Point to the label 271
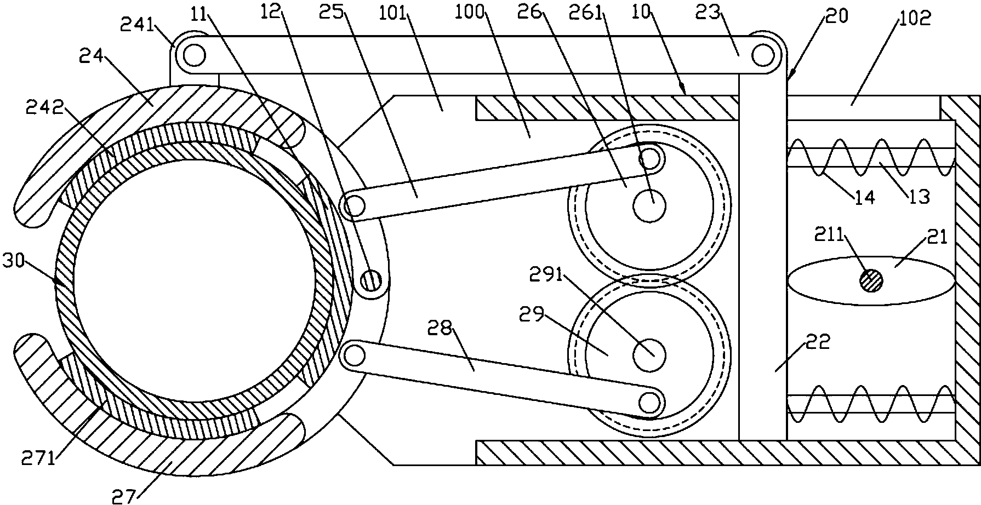pyautogui.click(x=38, y=457)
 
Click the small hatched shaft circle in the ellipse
pyautogui.click(x=871, y=282)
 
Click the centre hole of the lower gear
pyautogui.click(x=649, y=355)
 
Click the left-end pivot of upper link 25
pyautogui.click(x=355, y=206)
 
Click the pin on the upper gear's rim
pyautogui.click(x=649, y=159)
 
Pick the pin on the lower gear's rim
pyautogui.click(x=649, y=403)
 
